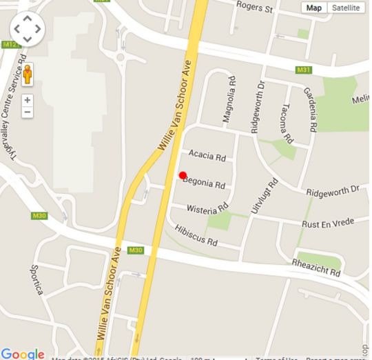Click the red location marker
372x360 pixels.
point(183,175)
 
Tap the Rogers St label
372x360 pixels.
point(255,7)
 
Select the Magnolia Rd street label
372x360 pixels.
point(229,104)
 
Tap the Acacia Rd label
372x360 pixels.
point(207,157)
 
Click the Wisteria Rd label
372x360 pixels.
point(209,207)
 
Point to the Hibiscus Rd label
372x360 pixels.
point(196,235)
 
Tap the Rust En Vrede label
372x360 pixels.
point(327,223)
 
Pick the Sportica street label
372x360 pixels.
point(37,279)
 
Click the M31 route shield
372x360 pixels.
point(304,70)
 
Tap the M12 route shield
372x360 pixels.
point(9,44)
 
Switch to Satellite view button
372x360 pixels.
point(346,8)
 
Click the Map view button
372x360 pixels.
point(314,8)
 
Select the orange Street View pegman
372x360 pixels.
point(28,74)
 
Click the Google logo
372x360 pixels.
point(23,354)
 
